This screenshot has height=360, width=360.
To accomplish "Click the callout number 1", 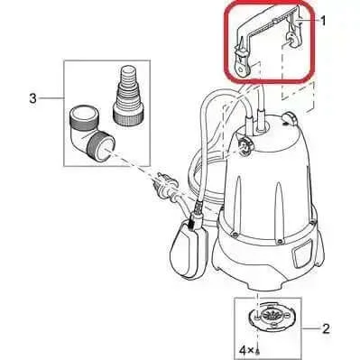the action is [x=323, y=22].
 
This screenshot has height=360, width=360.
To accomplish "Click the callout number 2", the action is [x=326, y=328].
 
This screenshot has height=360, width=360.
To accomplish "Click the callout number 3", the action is [x=32, y=98].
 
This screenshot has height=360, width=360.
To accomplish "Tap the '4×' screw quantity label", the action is [x=246, y=350].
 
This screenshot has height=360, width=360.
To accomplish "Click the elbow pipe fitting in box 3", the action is [x=90, y=133].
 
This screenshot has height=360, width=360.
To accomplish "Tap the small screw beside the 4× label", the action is [x=258, y=350].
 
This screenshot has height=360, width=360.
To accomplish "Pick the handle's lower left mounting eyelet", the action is [x=241, y=66].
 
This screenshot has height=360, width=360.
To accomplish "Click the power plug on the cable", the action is [x=166, y=185].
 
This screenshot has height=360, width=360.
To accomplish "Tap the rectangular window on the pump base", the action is [x=300, y=255].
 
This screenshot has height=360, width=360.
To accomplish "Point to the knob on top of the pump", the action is [x=290, y=118].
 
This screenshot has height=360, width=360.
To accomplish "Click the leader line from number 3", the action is [x=51, y=98].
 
